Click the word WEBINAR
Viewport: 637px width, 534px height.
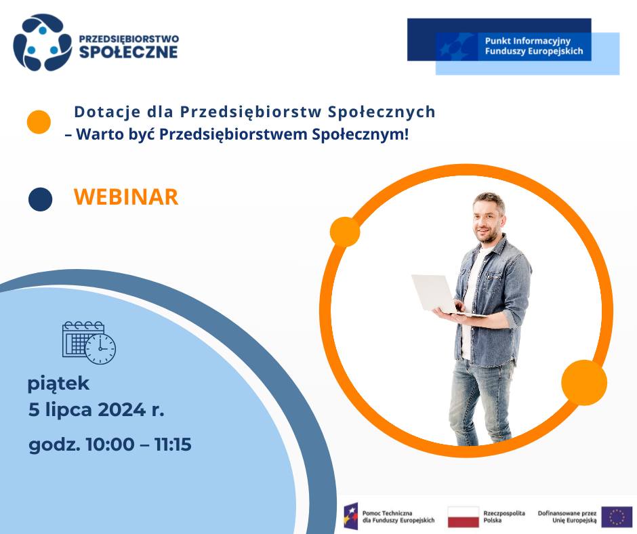(x=126, y=197)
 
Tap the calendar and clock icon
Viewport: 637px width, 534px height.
(x=89, y=342)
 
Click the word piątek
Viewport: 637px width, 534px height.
(x=58, y=384)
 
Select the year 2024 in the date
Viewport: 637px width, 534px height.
(x=121, y=409)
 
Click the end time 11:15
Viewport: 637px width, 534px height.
(x=173, y=444)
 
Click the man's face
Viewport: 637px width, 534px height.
(x=487, y=222)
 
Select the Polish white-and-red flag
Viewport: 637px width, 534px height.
(x=463, y=516)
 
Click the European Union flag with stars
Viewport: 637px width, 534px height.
(x=617, y=516)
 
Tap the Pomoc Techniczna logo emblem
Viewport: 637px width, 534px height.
(x=350, y=516)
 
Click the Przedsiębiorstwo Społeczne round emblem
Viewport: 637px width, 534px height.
(x=42, y=42)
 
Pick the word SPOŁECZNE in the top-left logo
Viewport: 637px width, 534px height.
(x=128, y=52)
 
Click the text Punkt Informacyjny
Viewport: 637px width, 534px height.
(x=528, y=41)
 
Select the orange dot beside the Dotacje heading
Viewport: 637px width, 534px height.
(x=39, y=122)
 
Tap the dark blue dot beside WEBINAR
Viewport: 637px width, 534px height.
(x=40, y=199)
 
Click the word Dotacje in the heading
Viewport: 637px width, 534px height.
(x=107, y=112)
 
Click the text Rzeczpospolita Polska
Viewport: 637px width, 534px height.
(x=504, y=516)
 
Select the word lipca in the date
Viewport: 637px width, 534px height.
(x=68, y=409)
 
